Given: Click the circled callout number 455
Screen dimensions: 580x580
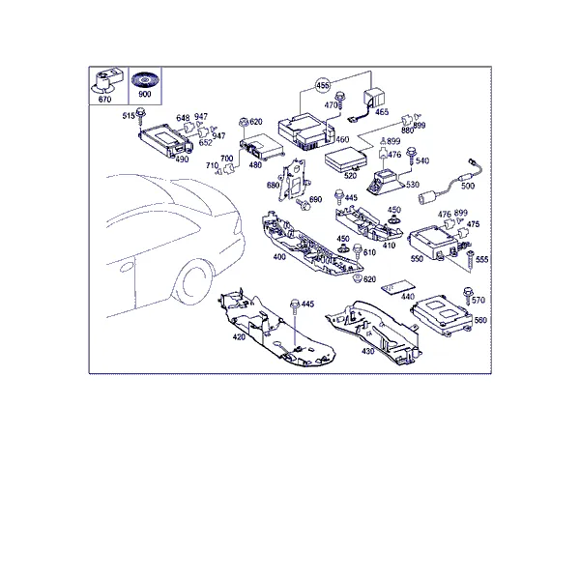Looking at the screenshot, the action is (323, 85).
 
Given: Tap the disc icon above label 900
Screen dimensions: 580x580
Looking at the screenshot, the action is (145, 79).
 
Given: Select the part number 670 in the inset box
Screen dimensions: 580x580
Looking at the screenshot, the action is (104, 100).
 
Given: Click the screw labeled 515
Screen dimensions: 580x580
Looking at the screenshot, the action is (140, 116).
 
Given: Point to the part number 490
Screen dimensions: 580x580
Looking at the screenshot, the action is (182, 159).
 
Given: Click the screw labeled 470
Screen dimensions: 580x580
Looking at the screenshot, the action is (339, 100).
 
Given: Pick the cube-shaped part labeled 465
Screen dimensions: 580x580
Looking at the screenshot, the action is (373, 98).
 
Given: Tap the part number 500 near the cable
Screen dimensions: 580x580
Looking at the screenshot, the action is (468, 186).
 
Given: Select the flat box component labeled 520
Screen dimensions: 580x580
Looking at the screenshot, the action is (345, 158).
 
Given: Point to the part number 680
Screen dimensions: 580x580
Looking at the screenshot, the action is (273, 185).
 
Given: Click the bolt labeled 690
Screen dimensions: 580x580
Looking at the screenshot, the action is (303, 204).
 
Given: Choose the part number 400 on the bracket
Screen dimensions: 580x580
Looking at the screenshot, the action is (279, 257).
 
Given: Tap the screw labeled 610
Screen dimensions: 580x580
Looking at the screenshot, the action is (358, 251).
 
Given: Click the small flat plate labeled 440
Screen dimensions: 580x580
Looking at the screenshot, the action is (398, 287).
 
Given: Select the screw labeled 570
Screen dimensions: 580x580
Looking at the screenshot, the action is (468, 296).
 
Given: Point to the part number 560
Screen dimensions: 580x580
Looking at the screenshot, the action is (480, 320).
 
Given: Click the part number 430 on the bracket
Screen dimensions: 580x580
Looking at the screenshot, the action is (367, 351).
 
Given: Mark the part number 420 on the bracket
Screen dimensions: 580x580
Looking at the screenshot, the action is (239, 337).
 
